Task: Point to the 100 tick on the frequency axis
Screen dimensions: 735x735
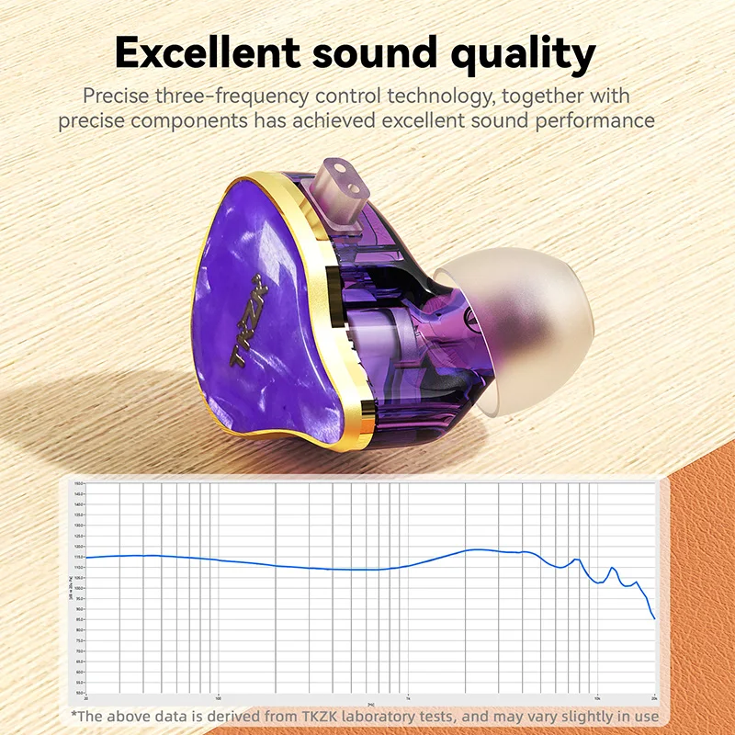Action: tap(218, 697)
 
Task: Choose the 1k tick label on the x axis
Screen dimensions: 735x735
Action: tap(407, 697)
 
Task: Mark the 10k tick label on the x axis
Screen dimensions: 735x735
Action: tap(596, 697)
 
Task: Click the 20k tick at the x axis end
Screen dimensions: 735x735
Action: tap(652, 697)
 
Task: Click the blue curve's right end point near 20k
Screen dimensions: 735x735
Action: tap(654, 618)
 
